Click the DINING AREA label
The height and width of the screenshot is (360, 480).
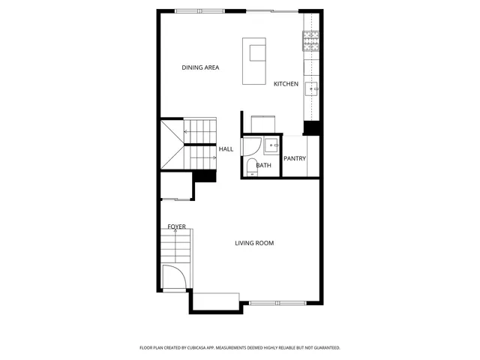click(200, 68)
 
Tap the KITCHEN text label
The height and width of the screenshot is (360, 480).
click(286, 83)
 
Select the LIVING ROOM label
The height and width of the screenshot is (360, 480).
click(254, 243)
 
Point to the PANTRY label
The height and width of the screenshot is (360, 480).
click(295, 158)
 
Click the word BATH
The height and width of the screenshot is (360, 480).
click(264, 165)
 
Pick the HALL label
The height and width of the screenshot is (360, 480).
click(226, 149)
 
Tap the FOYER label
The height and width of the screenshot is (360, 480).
click(176, 226)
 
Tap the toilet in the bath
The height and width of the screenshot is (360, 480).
click(253, 166)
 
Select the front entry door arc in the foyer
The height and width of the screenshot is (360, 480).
click(172, 277)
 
